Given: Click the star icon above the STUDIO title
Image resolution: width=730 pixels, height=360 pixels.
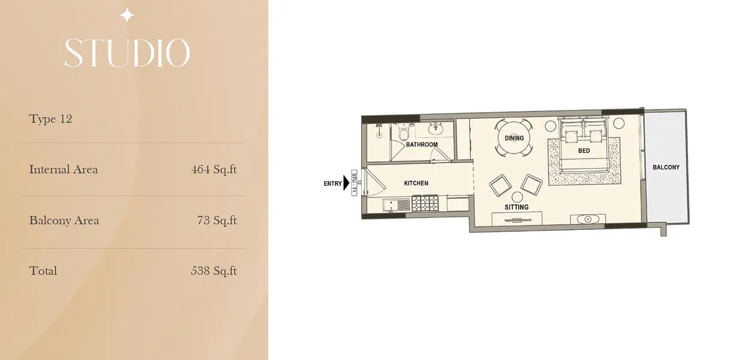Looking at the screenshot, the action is click(127, 16).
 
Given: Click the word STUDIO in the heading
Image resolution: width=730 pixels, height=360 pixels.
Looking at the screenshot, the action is click(127, 53).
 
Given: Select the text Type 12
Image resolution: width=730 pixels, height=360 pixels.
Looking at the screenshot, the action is click(50, 119).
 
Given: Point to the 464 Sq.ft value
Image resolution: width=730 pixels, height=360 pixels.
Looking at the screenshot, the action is click(214, 170).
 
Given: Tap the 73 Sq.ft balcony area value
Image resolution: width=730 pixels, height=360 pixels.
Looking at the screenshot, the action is click(217, 220).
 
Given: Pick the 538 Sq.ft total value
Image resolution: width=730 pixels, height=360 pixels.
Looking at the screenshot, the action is click(214, 271).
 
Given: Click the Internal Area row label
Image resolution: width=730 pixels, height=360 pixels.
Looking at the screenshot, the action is click(64, 170).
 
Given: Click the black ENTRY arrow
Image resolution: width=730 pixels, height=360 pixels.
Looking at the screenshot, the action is click(346, 183).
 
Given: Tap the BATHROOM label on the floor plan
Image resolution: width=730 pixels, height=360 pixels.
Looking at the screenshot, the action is click(422, 145).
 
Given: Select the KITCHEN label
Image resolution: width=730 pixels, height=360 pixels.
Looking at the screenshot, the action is click(416, 183).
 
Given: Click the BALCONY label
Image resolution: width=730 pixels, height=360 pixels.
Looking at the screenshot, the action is click(666, 167).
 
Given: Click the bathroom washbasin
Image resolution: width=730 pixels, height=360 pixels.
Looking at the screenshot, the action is click(435, 129).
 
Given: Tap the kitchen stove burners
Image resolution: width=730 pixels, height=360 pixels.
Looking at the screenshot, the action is click(425, 203).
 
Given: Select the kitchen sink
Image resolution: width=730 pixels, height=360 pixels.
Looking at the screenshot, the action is click(396, 205).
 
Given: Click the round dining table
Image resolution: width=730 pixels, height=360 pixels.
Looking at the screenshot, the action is click(514, 138).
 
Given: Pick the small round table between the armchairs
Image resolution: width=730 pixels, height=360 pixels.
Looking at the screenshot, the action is click(517, 197).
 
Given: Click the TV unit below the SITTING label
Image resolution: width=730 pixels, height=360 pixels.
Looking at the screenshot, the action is click(517, 218).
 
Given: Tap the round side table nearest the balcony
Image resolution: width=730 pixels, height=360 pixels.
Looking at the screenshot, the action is click(619, 123).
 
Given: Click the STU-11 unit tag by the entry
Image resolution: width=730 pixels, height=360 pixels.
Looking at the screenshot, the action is click(355, 183).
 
